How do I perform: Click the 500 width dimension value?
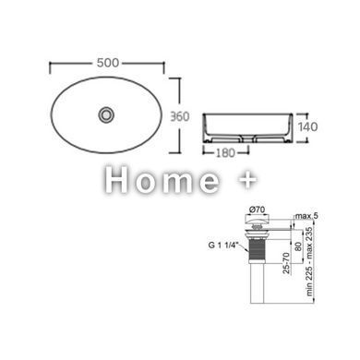click(x=108, y=63)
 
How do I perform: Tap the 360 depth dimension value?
click(x=180, y=116)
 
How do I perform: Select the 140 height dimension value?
click(x=307, y=126)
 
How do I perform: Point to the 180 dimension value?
click(x=225, y=153)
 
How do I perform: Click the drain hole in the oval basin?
click(x=106, y=114)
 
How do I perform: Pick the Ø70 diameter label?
click(x=257, y=210)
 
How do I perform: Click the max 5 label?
click(x=306, y=216)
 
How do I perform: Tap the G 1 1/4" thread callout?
click(x=223, y=246)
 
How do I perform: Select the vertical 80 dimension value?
click(x=298, y=246)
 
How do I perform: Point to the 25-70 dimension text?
click(x=286, y=263)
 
